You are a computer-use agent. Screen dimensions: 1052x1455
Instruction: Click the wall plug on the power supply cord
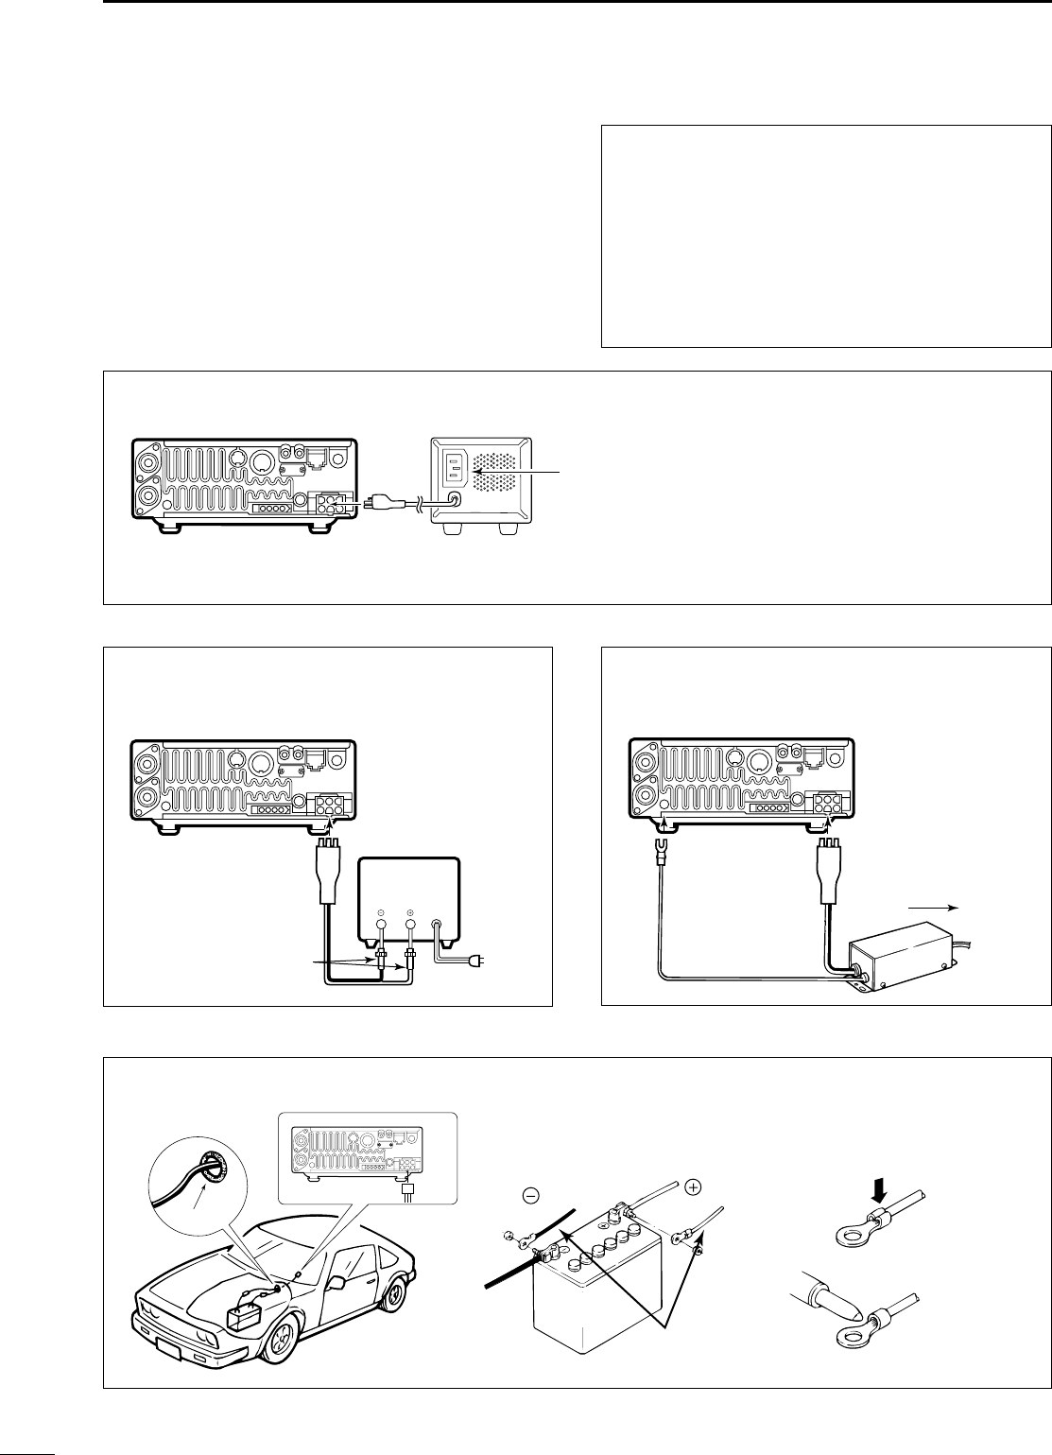tap(481, 961)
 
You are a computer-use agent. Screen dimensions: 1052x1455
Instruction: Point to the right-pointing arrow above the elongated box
tap(934, 906)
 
